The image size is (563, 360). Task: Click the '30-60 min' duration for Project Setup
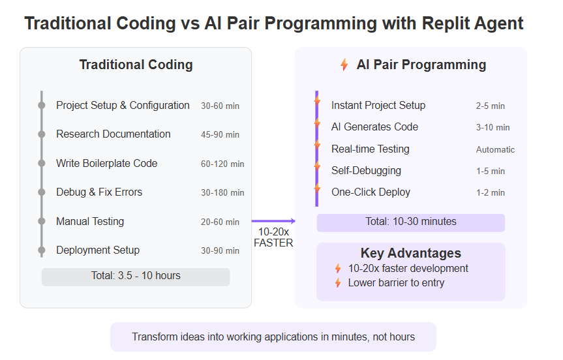tap(220, 106)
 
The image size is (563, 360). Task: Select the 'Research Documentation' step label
tap(114, 134)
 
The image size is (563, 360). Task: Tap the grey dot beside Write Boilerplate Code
tap(42, 163)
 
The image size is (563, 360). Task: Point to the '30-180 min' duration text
tap(222, 193)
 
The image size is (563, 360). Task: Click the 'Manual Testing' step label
tap(90, 222)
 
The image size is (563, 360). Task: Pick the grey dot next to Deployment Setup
tap(42, 250)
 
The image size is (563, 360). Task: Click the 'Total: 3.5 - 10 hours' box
tap(136, 277)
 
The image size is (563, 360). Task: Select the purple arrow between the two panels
tap(273, 221)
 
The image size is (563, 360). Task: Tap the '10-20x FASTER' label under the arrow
tap(273, 237)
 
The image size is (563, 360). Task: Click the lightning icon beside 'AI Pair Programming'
tap(344, 65)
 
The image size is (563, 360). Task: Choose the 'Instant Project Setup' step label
tap(378, 105)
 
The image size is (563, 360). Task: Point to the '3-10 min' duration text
tap(493, 127)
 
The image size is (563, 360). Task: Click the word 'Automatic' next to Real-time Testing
tap(496, 149)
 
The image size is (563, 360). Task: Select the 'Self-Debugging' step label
tap(366, 170)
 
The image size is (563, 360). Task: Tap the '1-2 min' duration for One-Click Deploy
tap(491, 193)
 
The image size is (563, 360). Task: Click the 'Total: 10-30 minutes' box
tap(411, 222)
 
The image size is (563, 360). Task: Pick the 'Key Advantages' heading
tap(411, 253)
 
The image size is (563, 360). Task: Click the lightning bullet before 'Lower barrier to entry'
tap(338, 283)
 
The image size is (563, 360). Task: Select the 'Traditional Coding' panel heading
tap(136, 65)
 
